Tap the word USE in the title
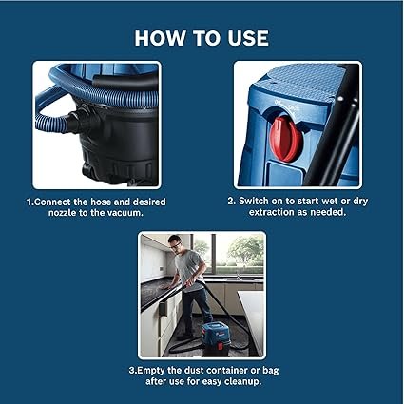tap(247, 38)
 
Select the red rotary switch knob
tap(285, 138)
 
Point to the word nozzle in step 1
tap(62, 213)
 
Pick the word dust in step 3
tap(195, 371)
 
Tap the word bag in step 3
tap(271, 371)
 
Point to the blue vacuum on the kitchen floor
tap(216, 337)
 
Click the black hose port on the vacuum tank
tap(79, 119)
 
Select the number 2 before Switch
tap(231, 202)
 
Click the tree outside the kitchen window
tap(246, 249)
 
